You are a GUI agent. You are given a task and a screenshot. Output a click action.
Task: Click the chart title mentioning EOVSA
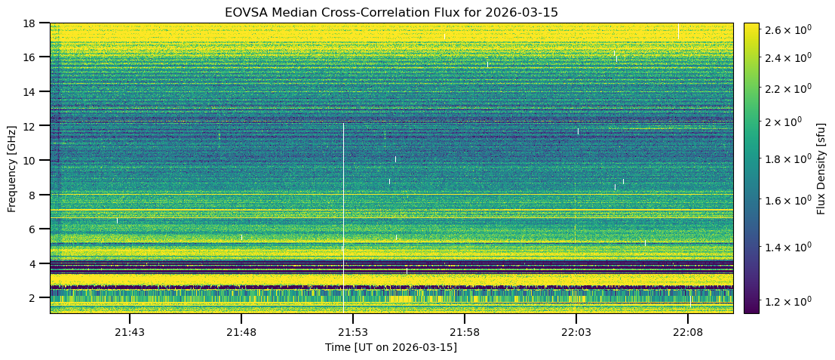(x=391, y=13)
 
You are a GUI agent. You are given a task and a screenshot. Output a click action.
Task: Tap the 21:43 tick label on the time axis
(x=129, y=332)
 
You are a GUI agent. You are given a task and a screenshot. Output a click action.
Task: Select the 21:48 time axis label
(x=241, y=332)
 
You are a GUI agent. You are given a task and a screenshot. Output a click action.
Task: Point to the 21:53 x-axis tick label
(x=352, y=332)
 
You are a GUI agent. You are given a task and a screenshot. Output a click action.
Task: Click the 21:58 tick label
(x=465, y=332)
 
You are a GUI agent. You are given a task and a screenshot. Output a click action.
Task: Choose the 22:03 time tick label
(x=576, y=332)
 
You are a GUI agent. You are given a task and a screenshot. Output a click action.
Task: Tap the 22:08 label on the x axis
(x=688, y=332)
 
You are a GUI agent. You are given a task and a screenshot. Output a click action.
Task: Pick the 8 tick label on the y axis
(x=31, y=195)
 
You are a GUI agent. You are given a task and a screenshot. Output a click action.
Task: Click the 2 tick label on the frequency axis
(x=31, y=298)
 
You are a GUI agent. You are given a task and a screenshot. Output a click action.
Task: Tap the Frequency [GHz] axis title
(x=12, y=168)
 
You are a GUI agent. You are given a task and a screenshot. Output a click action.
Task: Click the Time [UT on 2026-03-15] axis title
(x=391, y=347)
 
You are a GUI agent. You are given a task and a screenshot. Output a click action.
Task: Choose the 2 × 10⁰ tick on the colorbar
(x=785, y=122)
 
